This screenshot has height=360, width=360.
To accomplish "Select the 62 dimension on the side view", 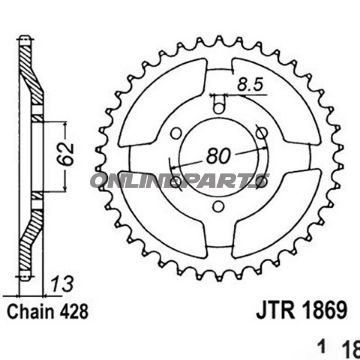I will (x=65, y=156).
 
